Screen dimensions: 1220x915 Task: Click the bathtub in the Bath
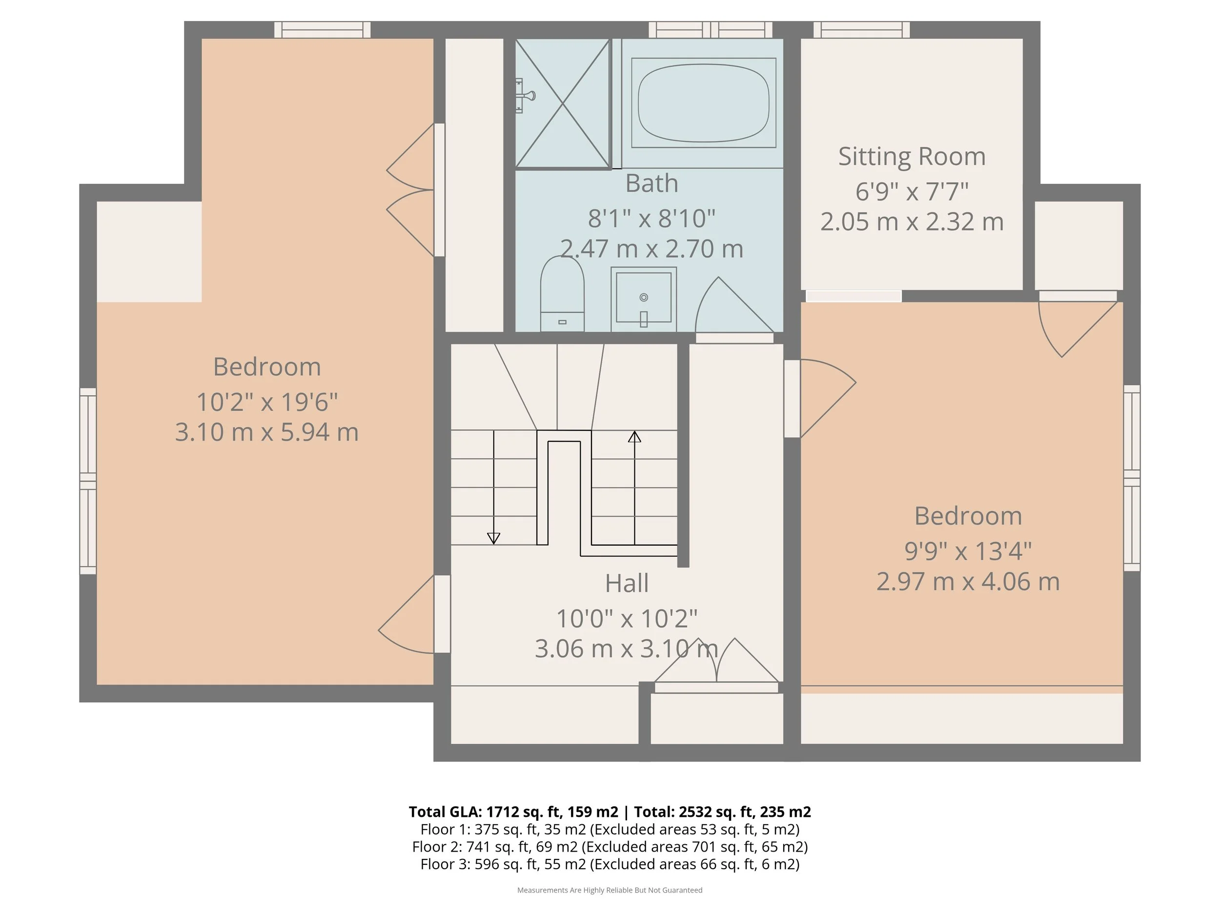[x=703, y=103]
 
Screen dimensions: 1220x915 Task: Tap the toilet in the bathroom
[x=562, y=294]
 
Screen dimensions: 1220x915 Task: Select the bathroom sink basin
[x=644, y=299]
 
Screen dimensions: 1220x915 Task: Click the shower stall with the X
[x=563, y=103]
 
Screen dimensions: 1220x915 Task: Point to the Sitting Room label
[x=912, y=157]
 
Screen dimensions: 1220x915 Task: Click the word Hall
[x=627, y=583]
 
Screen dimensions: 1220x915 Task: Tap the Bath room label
[x=651, y=183]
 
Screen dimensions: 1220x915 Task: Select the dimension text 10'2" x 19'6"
[x=267, y=402]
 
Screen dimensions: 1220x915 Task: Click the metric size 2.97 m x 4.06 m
[x=968, y=581]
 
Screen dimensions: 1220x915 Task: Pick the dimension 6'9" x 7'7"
[x=912, y=191]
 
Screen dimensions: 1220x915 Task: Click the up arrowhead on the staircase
[x=634, y=437]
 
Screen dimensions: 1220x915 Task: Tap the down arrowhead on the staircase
[x=494, y=538]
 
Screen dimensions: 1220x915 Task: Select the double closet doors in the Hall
[x=716, y=661]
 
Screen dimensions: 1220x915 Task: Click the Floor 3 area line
[x=610, y=864]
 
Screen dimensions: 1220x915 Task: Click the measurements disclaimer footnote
[x=610, y=890]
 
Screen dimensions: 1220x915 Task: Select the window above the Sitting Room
[x=861, y=30]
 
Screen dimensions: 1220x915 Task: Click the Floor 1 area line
[x=610, y=829]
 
